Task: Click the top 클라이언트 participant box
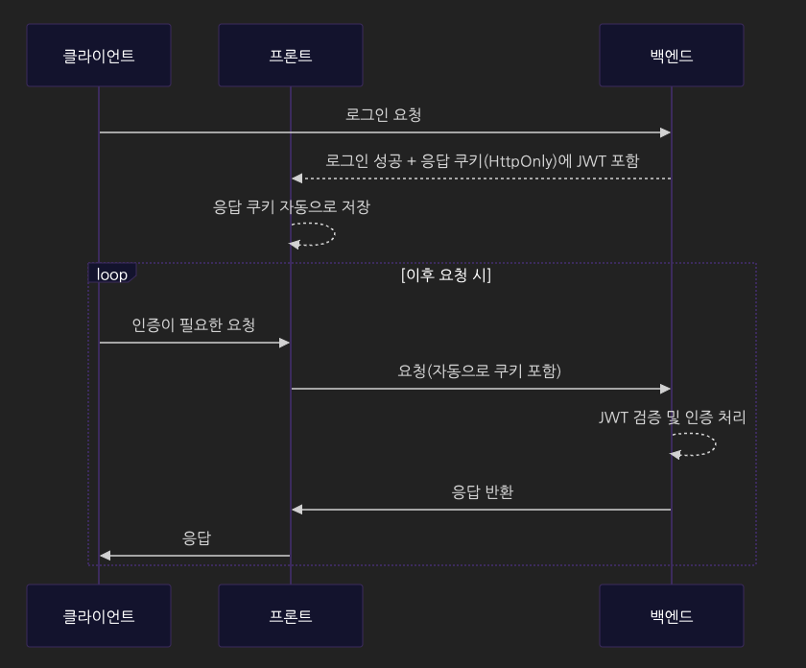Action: pos(99,56)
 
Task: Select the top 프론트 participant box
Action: pos(291,56)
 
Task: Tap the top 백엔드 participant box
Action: pos(672,56)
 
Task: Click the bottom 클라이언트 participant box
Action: pos(99,616)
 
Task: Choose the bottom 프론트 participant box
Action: pos(291,616)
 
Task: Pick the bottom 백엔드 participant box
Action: pos(672,616)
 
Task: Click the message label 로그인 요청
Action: pos(384,115)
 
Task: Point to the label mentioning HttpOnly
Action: pos(482,161)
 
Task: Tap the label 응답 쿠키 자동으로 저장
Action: pos(291,206)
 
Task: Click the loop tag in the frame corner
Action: pos(112,274)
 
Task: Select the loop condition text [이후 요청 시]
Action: pos(446,275)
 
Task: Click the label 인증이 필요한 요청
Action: pos(194,325)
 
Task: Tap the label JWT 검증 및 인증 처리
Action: pos(672,417)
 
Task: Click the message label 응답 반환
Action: pos(483,492)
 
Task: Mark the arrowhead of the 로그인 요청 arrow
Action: pos(665,132)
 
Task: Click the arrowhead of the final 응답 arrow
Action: pos(106,556)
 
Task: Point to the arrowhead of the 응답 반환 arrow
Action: pos(297,510)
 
